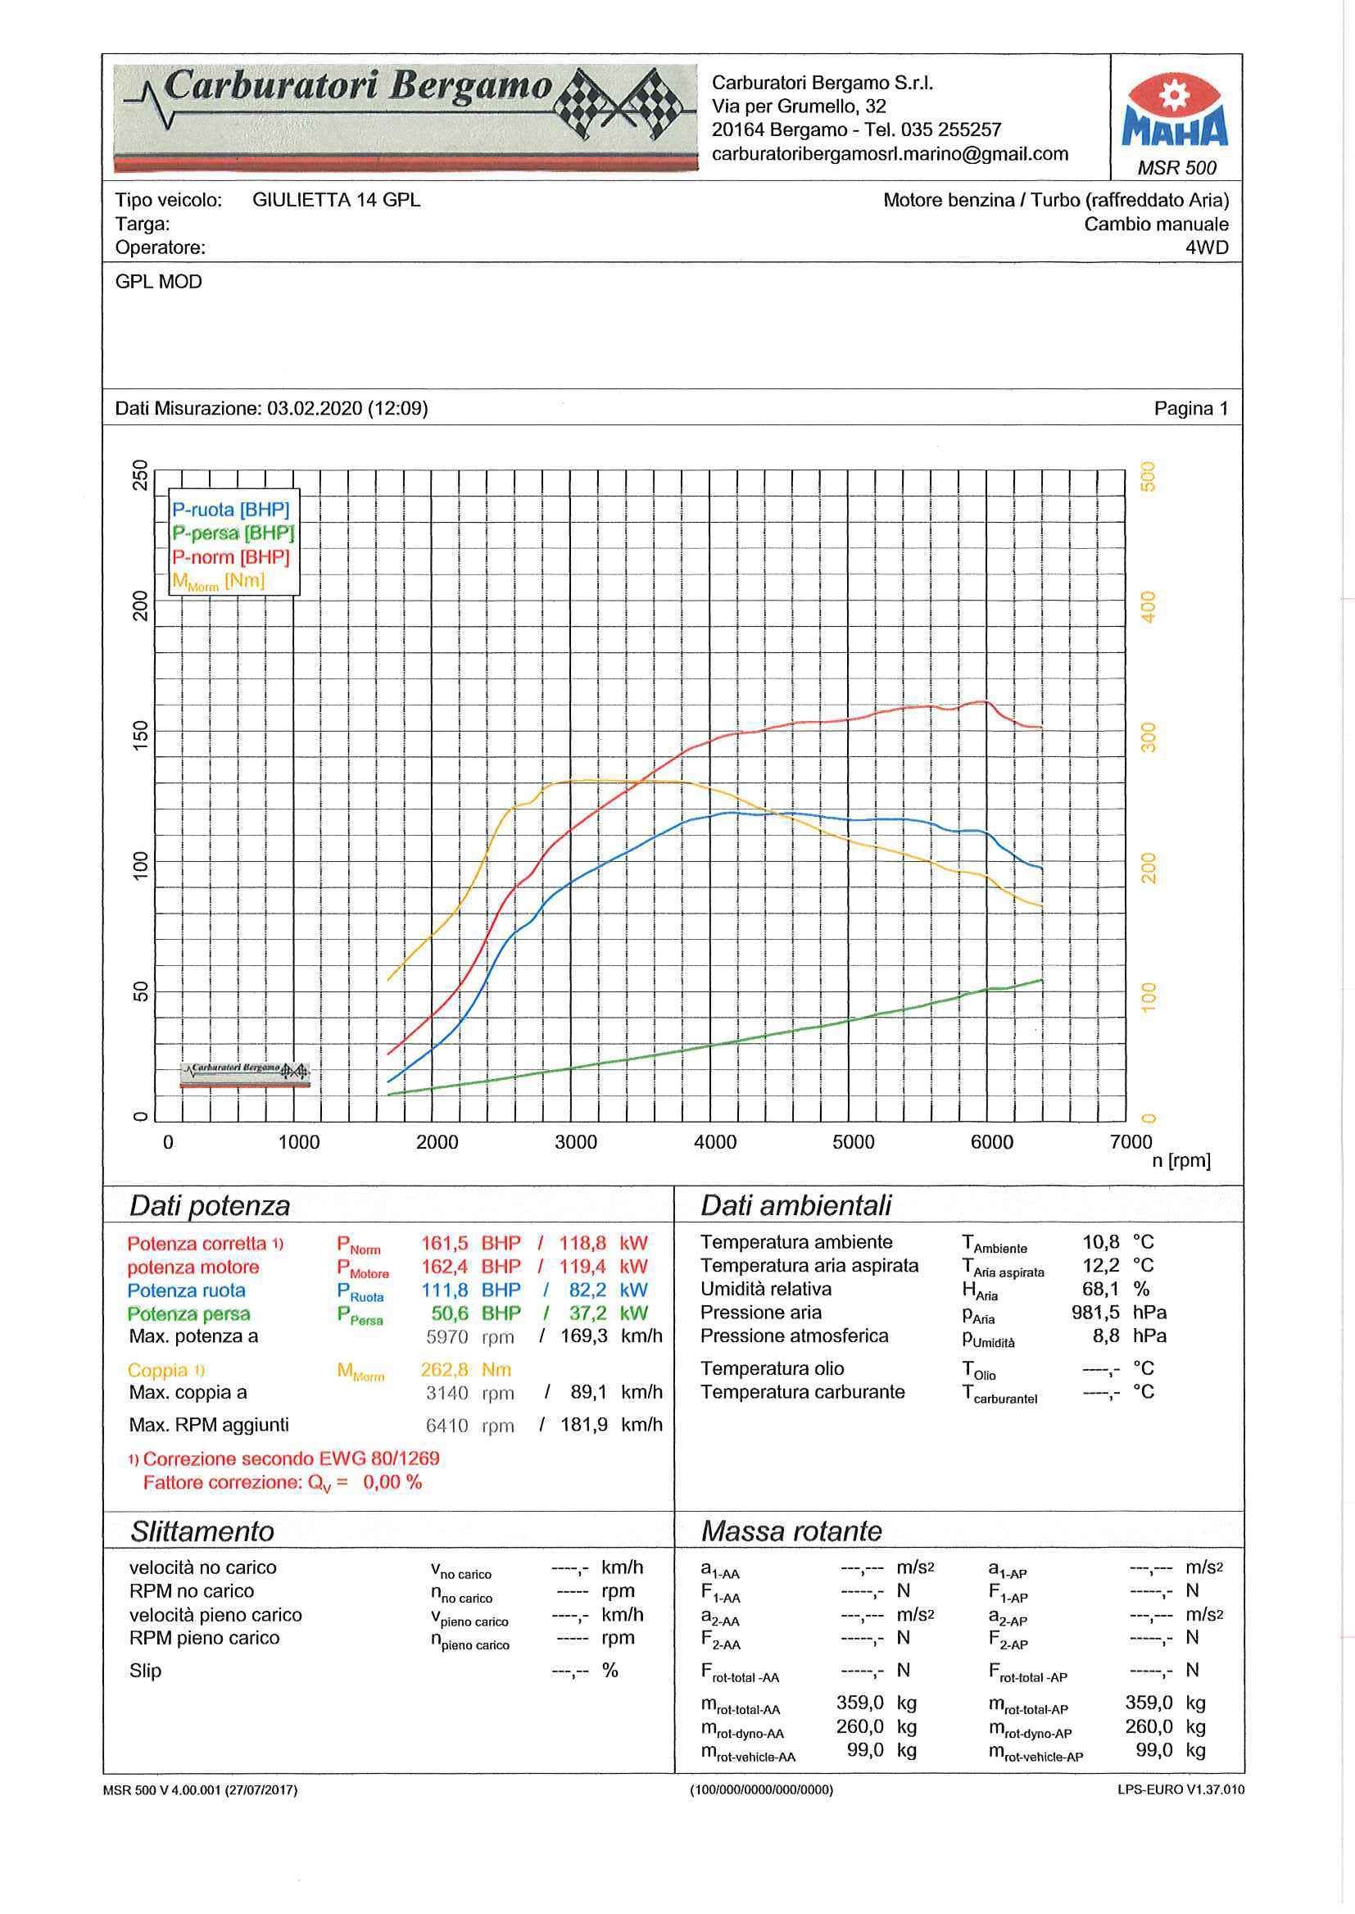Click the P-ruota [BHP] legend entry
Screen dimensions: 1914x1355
click(x=230, y=510)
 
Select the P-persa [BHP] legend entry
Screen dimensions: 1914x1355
click(x=233, y=533)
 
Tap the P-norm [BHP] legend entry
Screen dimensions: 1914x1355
click(x=230, y=556)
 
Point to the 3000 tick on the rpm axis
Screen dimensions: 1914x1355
click(x=576, y=1142)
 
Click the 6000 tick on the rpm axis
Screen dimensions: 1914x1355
click(x=991, y=1142)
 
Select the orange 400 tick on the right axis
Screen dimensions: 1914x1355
click(x=1149, y=606)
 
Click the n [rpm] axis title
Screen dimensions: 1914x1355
click(x=1181, y=1160)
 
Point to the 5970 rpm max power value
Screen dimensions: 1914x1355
click(x=447, y=1336)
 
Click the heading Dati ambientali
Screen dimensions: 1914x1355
click(x=796, y=1204)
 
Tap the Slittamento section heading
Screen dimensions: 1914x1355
click(x=202, y=1531)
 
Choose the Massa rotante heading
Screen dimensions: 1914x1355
click(x=791, y=1531)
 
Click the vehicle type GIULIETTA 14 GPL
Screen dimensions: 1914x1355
click(x=336, y=200)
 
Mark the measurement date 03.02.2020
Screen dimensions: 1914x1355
click(x=315, y=408)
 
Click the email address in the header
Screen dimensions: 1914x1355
click(x=890, y=153)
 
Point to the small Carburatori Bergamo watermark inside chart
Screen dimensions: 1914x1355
click(x=244, y=1075)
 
